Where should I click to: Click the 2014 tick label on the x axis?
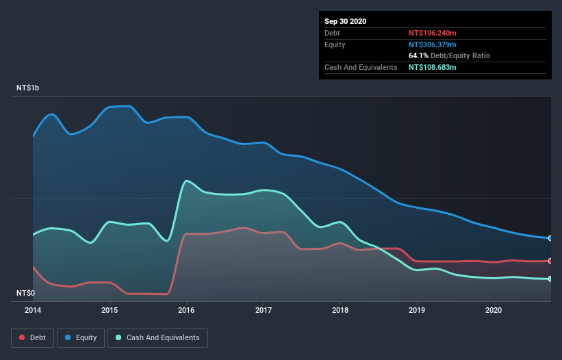(x=32, y=310)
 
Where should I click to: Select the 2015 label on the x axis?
(x=109, y=310)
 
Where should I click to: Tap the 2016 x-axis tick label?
(x=186, y=310)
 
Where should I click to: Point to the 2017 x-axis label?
(x=263, y=310)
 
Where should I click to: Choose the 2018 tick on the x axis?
(x=340, y=310)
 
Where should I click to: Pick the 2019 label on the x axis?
(x=416, y=310)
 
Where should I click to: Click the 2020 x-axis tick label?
(x=493, y=310)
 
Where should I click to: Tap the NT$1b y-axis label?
(x=28, y=88)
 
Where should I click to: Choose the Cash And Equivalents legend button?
(x=157, y=337)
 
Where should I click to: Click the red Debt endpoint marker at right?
(x=550, y=261)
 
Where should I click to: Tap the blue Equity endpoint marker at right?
(x=550, y=238)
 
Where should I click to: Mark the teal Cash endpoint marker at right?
(x=550, y=279)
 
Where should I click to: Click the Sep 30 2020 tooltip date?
(x=346, y=21)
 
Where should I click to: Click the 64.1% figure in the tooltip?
(x=418, y=55)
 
